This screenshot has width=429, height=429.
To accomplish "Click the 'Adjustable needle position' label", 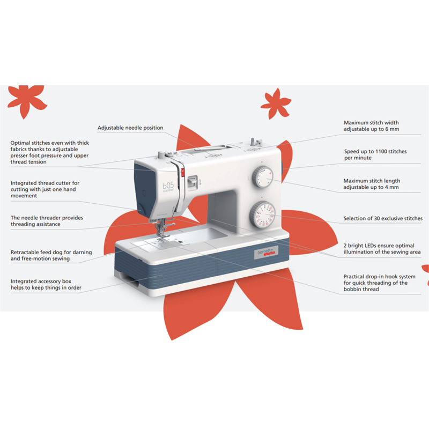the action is (x=130, y=128).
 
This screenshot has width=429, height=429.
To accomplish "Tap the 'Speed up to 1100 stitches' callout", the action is (x=375, y=154).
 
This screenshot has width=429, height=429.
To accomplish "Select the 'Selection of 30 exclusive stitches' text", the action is (x=383, y=218).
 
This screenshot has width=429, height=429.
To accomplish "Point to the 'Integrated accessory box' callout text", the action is (x=46, y=284).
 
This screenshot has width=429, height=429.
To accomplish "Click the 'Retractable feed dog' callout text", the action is (x=51, y=255).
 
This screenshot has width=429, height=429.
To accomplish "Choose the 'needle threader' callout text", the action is (x=47, y=221).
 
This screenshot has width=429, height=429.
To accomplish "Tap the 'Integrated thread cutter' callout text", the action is (x=45, y=189).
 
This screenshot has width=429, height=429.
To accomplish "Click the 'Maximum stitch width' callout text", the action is (x=371, y=126).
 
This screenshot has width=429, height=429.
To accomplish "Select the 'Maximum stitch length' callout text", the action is (x=372, y=184).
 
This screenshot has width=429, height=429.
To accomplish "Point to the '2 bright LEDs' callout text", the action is (x=382, y=249).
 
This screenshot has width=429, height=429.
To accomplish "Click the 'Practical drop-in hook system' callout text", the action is (x=379, y=283).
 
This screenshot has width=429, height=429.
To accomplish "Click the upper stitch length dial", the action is (x=263, y=177).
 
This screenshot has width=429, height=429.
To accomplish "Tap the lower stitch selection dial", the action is (x=262, y=215).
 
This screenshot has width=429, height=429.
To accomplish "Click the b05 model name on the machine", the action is (x=168, y=186).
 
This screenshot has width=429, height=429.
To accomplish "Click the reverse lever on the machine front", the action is (x=193, y=182).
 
